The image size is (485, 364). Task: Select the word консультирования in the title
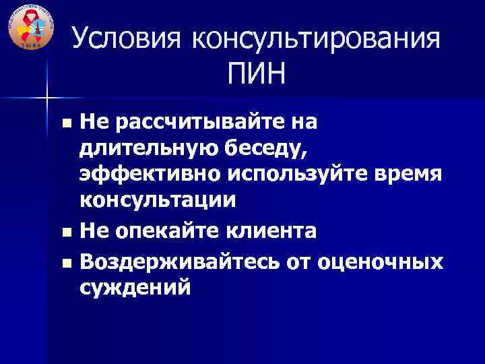(x=316, y=39)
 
